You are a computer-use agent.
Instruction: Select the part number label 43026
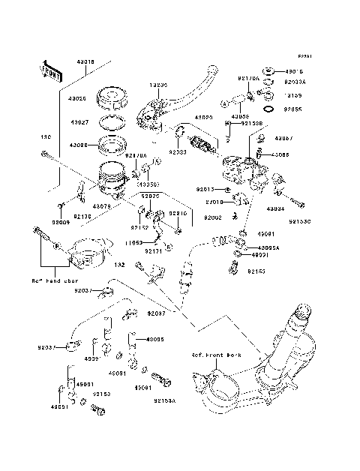(79, 98)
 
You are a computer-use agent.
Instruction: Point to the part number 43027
(79, 121)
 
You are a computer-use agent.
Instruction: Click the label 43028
(79, 145)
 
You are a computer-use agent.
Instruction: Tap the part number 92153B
(251, 123)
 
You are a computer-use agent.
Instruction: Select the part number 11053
(133, 242)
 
